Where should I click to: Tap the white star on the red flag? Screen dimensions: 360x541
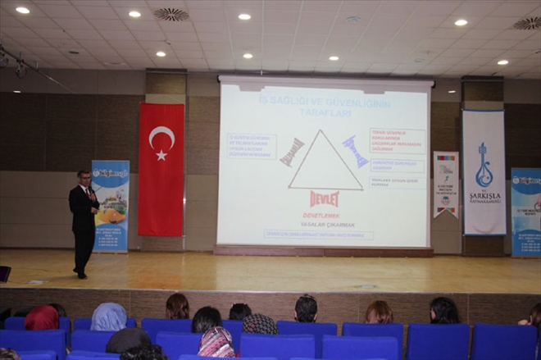point(161,154)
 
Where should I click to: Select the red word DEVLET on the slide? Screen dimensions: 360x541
point(324,198)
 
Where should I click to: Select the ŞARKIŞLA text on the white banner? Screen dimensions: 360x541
point(484,197)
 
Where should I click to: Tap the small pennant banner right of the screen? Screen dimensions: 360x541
point(446,184)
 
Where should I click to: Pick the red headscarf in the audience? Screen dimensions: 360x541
point(42,318)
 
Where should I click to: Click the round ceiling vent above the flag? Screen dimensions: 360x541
point(170,14)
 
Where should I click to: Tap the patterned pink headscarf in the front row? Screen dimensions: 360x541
point(216,342)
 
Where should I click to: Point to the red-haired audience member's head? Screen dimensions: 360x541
point(379,312)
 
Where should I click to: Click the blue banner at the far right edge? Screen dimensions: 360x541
point(525,212)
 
